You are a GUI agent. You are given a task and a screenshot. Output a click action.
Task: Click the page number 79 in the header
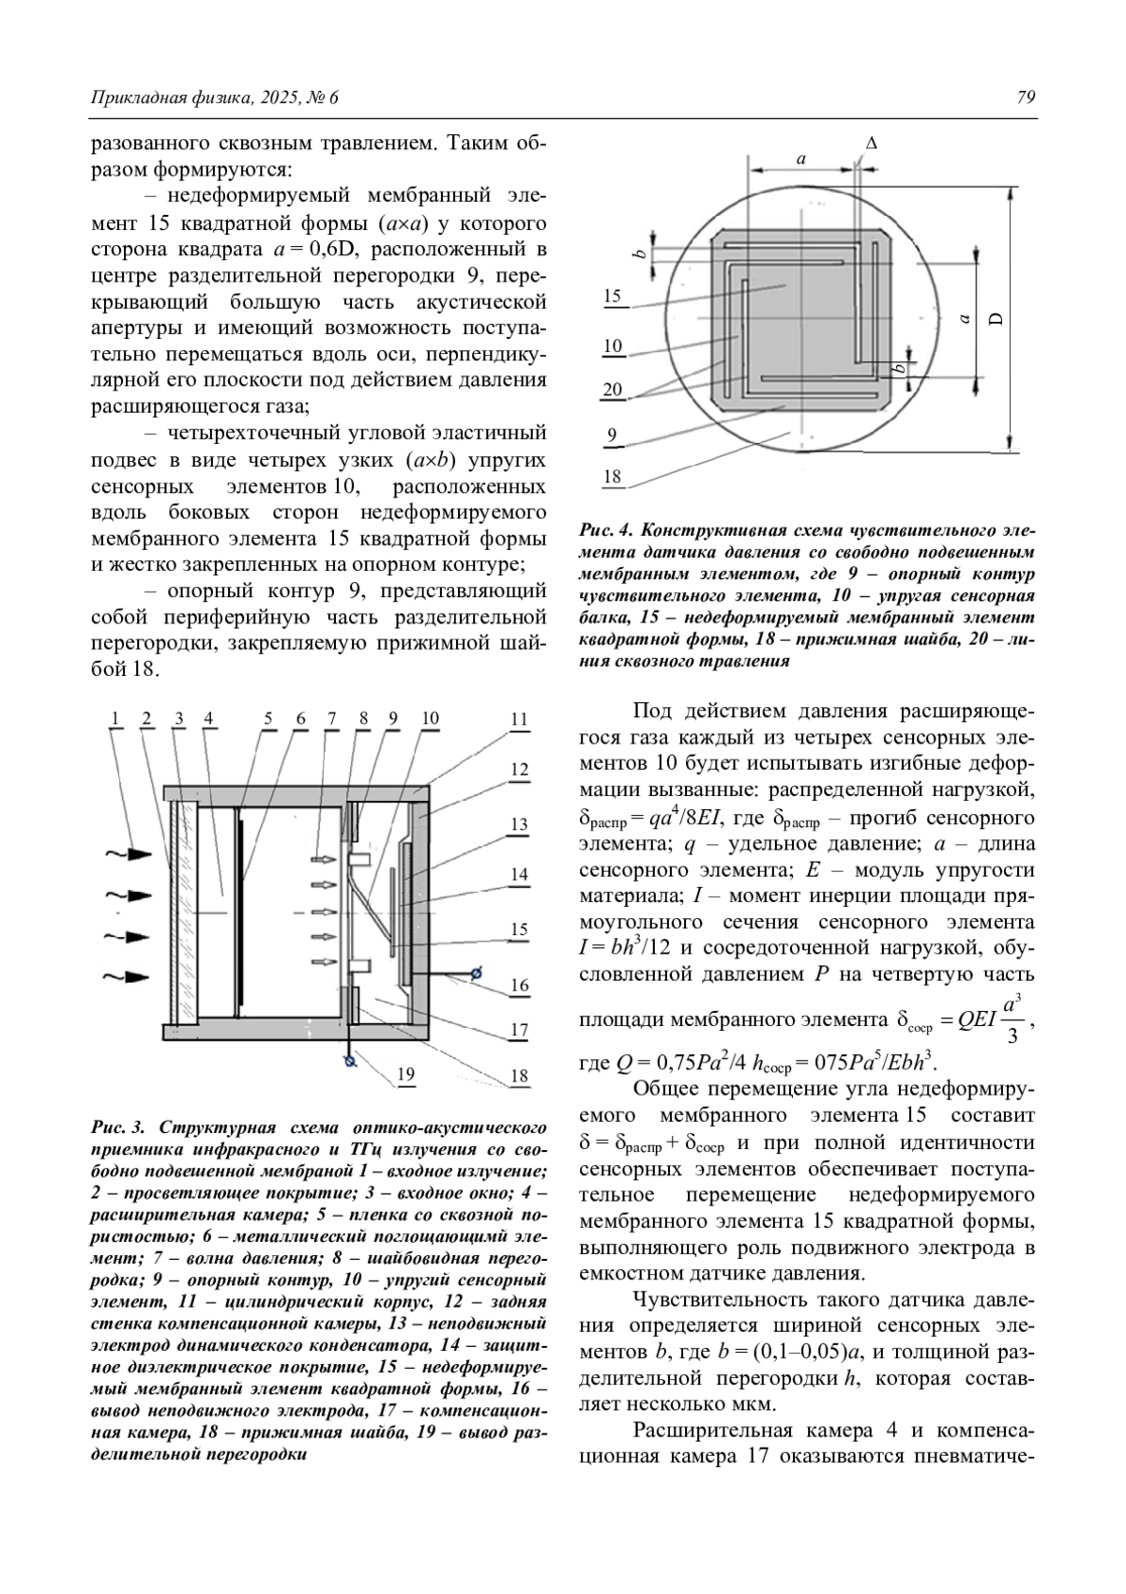point(1026,98)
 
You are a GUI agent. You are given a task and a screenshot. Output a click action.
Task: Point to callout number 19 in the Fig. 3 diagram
point(405,1074)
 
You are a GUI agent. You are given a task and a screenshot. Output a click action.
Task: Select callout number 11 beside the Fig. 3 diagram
point(520,720)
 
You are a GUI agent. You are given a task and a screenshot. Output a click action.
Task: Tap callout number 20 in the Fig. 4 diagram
point(613,390)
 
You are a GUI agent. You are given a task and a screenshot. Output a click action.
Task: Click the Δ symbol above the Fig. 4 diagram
point(872,144)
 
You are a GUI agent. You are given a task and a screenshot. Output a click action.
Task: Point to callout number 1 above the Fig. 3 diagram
point(115,719)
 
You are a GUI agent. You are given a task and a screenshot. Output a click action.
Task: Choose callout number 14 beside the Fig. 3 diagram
point(520,875)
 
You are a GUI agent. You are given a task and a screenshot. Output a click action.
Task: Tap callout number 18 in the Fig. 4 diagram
point(613,477)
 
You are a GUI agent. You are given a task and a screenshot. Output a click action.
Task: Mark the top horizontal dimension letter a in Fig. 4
point(801,160)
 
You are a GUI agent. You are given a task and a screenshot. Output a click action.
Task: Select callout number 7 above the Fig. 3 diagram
point(331,719)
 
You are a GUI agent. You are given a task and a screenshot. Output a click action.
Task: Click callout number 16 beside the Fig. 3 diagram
point(520,985)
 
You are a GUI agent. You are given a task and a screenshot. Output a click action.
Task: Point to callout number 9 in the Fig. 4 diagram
point(613,435)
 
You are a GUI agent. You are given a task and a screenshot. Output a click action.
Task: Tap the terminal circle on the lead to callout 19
point(350,1062)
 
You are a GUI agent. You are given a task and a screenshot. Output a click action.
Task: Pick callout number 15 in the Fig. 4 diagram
point(613,297)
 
